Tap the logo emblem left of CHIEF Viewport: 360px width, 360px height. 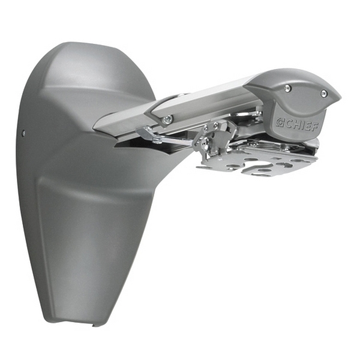[278, 121]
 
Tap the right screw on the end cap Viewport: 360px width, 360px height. [324, 93]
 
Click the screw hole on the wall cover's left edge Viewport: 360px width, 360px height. [24, 133]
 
